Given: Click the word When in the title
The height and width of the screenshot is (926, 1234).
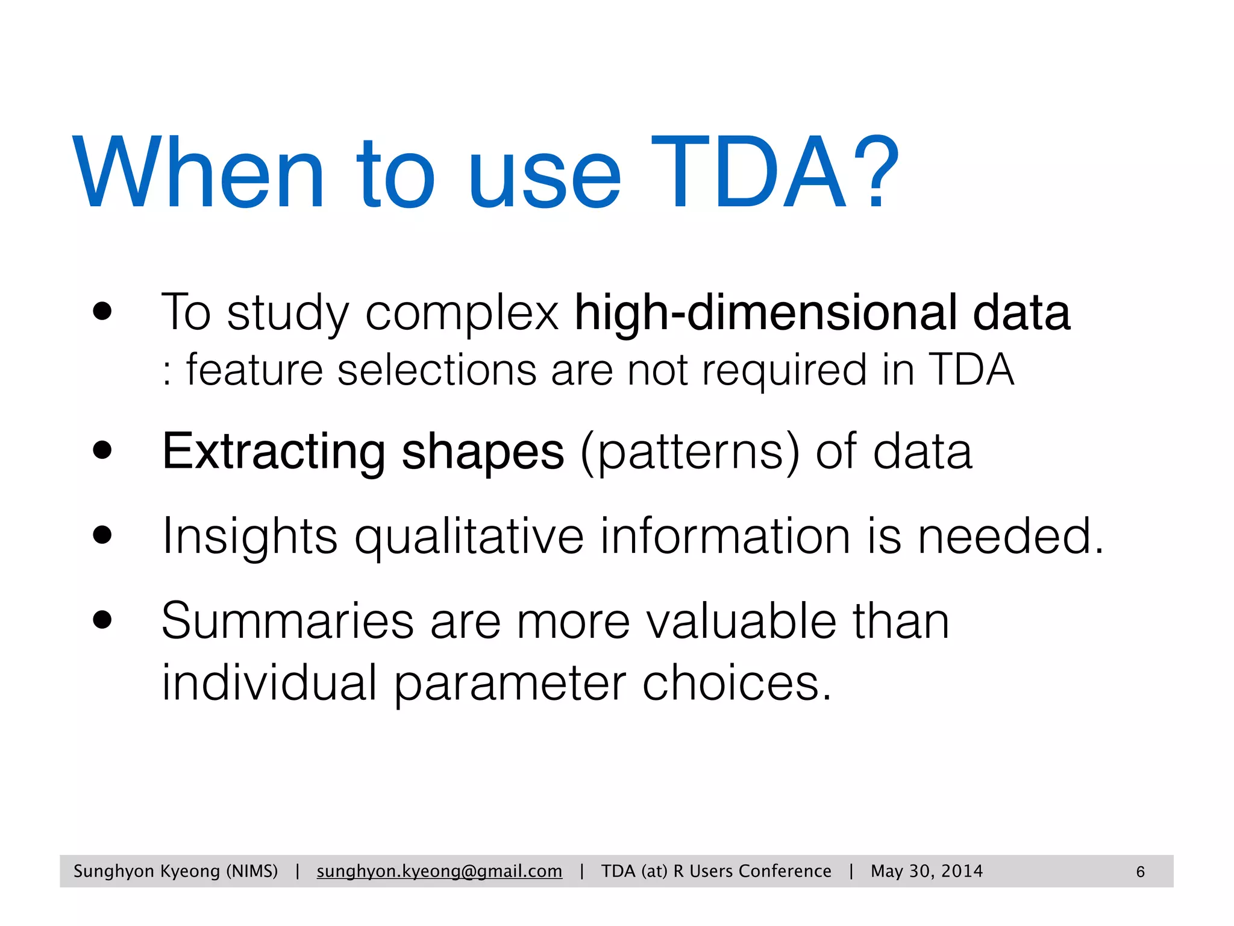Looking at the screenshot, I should click(199, 172).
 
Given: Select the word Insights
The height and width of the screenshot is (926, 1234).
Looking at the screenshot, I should click(249, 537).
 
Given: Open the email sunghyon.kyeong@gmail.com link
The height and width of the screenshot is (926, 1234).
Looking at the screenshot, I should click(439, 871).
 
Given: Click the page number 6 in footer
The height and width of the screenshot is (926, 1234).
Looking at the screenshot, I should click(1140, 872).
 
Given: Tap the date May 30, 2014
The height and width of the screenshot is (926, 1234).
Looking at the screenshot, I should click(926, 871).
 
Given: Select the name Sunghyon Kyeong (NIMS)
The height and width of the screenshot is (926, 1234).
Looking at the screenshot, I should click(175, 871).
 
